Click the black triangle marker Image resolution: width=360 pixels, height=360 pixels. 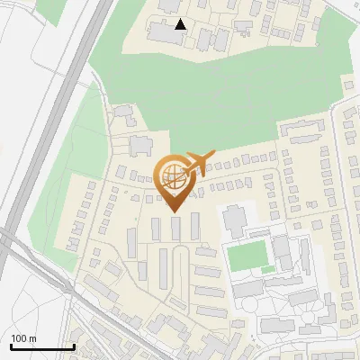(x=181, y=24)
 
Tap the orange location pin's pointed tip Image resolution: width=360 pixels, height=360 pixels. (x=173, y=212)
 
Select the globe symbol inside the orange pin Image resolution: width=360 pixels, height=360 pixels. (x=172, y=176)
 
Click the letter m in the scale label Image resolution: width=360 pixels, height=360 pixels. (x=32, y=339)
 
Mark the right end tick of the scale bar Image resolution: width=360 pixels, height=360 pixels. (x=74, y=346)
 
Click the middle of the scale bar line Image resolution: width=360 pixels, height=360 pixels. (x=41, y=347)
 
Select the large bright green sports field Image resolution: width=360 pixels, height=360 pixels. (x=247, y=256)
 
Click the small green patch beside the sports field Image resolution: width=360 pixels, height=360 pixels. (x=266, y=269)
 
